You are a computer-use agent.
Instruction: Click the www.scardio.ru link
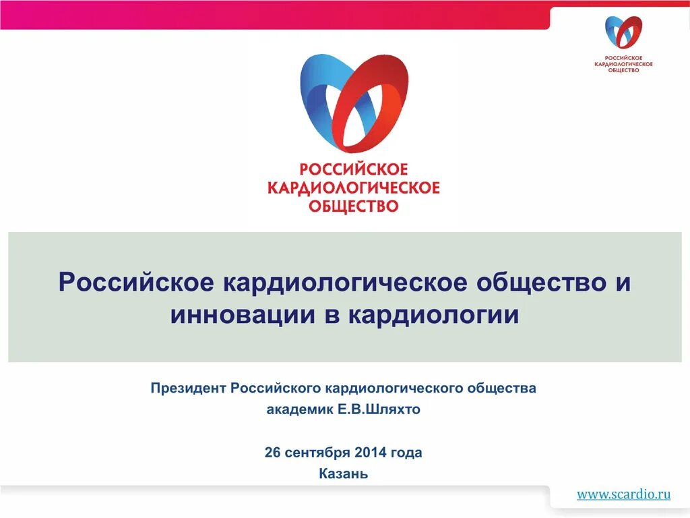click(x=623, y=494)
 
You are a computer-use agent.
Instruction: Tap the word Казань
click(x=344, y=473)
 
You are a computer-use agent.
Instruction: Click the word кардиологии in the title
click(x=434, y=314)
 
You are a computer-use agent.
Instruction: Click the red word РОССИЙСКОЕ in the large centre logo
click(x=354, y=169)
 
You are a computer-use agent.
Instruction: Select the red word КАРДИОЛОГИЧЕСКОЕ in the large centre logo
click(x=354, y=187)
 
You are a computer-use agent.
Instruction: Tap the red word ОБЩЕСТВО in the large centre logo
click(x=354, y=205)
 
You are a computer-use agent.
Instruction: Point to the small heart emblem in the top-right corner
click(x=623, y=32)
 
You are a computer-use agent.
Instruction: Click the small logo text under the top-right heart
click(x=623, y=63)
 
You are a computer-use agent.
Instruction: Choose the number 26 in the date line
click(x=272, y=452)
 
